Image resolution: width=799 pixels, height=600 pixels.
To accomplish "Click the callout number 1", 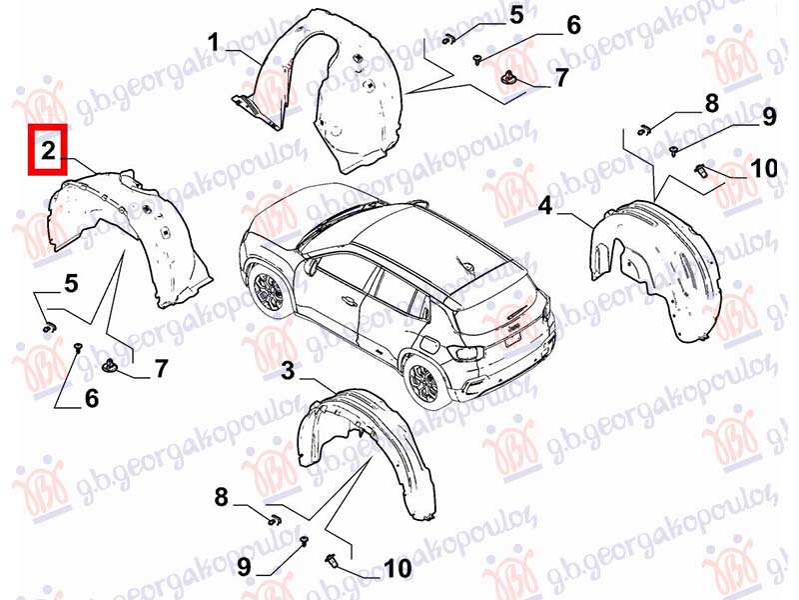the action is coord(214,42).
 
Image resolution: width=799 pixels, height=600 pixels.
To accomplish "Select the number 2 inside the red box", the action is coord(48,151).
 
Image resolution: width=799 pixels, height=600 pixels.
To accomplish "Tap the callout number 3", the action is coord(288,371).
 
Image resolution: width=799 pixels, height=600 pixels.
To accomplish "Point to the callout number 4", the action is coord(545,206).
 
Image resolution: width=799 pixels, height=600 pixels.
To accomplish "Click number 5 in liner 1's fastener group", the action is coord(516,15).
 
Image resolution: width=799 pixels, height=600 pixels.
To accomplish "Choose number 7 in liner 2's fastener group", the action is coord(161,368).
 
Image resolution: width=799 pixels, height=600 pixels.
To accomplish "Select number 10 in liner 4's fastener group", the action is coord(764,168).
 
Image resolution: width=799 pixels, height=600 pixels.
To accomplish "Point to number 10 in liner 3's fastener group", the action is coord(398,568).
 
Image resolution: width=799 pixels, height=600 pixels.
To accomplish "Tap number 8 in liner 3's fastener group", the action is coord(221,496).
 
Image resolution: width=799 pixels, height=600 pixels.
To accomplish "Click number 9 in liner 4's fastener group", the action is coord(769,117).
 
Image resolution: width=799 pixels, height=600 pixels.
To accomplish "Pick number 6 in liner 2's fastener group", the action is coord(92,398).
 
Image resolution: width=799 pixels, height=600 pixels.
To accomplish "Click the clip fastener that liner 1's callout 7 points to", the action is coord(508,77).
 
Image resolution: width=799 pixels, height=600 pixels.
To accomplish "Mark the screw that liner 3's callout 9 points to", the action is coord(305,540).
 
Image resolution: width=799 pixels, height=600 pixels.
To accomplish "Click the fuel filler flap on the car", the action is coord(430,345).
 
